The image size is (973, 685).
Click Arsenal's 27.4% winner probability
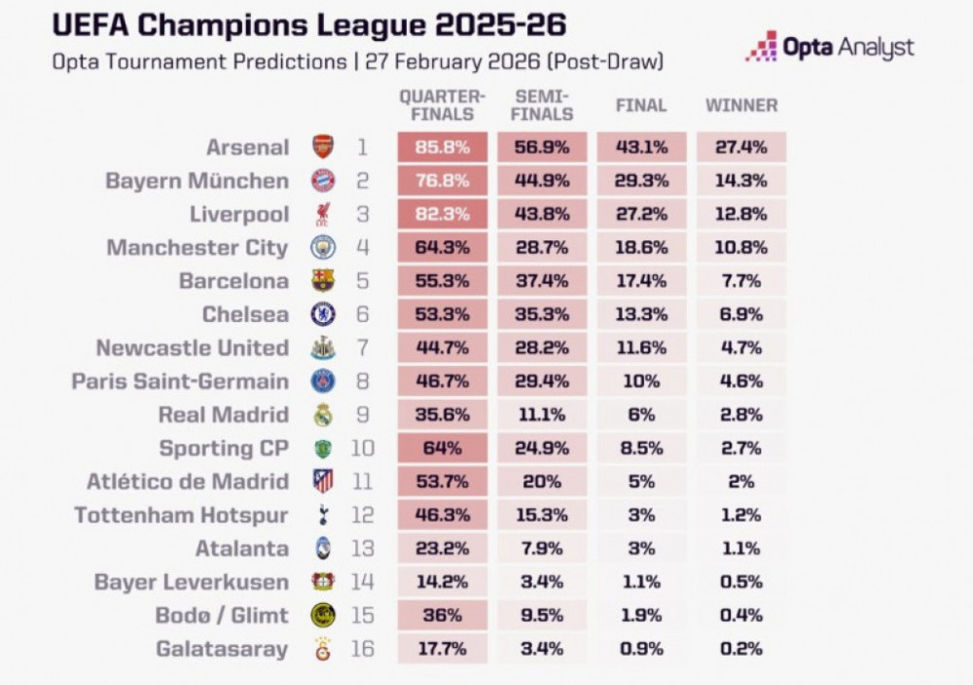741,148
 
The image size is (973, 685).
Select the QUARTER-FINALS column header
441,105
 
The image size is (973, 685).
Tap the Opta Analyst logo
830,47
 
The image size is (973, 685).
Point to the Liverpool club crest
322,214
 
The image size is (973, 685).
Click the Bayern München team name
197,181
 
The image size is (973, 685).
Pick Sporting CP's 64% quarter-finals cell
443,449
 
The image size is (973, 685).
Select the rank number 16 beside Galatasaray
362,648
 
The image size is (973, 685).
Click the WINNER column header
741,105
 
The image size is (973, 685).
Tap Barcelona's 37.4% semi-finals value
541,281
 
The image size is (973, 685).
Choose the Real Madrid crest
322,415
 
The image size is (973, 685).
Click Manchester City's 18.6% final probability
641,248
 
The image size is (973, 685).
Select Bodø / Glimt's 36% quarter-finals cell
443,615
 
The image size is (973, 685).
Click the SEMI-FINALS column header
541,105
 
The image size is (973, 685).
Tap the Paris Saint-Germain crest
322,381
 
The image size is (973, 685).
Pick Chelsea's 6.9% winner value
741,314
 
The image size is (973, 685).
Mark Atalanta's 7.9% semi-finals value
541,548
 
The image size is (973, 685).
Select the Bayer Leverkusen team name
192,582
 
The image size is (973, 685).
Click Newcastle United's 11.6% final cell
641,348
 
